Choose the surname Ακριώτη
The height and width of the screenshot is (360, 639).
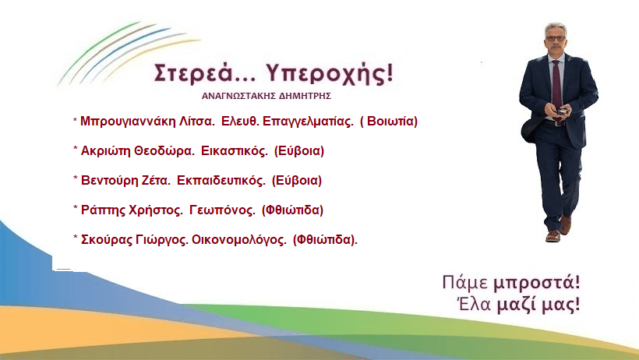tap(107, 150)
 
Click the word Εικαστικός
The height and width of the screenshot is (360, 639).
tap(235, 150)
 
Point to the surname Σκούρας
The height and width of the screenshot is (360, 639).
tap(107, 239)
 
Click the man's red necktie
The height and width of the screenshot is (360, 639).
tap(556, 78)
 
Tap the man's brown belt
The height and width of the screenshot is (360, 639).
tap(555, 121)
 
